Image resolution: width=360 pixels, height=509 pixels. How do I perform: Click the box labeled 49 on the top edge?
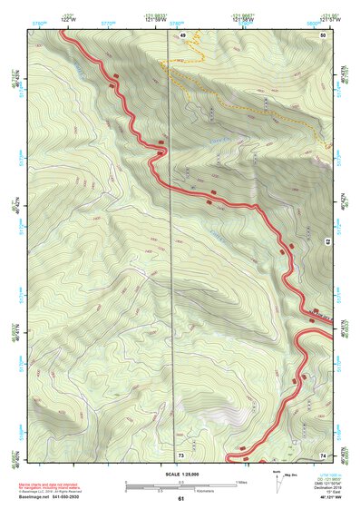pyautogui.click(x=182, y=34)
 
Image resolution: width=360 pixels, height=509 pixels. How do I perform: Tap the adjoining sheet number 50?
pyautogui.click(x=324, y=34)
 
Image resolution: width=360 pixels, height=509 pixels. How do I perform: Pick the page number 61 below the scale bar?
pyautogui.click(x=180, y=498)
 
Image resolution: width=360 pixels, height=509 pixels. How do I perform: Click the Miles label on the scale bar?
pyautogui.click(x=241, y=481)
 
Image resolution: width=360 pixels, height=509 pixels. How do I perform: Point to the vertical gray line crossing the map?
pyautogui.click(x=173, y=272)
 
